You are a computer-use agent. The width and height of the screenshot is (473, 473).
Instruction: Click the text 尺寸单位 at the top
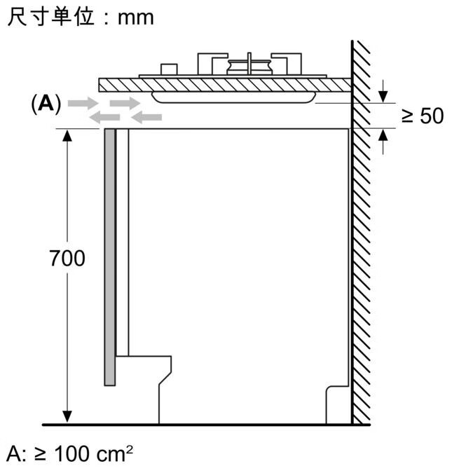click(x=50, y=18)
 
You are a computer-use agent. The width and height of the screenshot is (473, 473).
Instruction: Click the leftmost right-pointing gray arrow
click(x=83, y=103)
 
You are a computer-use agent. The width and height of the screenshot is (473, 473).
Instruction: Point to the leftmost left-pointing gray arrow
click(x=104, y=117)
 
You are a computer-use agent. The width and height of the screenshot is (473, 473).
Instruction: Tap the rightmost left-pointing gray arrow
click(x=146, y=117)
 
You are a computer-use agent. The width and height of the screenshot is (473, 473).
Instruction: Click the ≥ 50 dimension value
click(x=423, y=116)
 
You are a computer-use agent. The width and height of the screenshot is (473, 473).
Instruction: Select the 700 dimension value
click(x=67, y=259)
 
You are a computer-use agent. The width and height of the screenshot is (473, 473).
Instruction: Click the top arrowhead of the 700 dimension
click(x=67, y=135)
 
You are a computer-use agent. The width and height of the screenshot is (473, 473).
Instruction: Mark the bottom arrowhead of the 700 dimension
click(x=67, y=418)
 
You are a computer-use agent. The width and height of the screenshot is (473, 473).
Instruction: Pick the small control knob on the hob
click(x=168, y=69)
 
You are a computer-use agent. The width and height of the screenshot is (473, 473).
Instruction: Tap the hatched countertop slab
click(x=224, y=84)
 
